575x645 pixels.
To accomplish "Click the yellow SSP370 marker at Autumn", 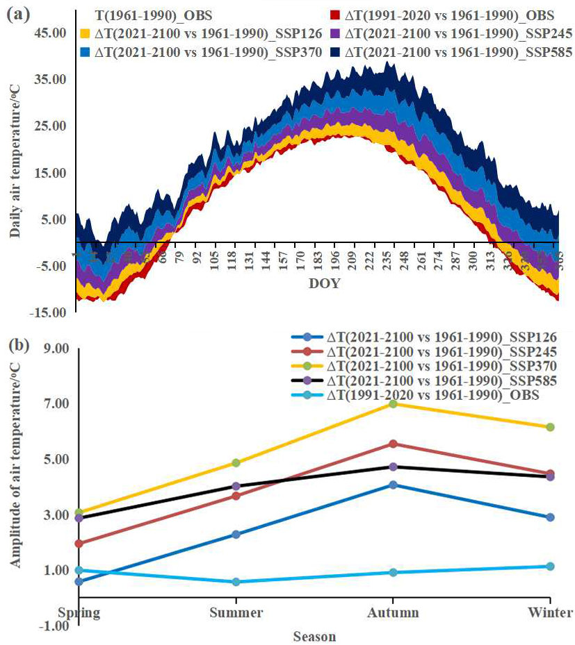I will tap(393, 403).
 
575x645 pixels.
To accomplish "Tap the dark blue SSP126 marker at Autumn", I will tap(393, 485).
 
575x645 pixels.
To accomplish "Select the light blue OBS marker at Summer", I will tap(236, 582).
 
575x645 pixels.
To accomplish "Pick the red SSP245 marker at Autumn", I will tap(393, 444).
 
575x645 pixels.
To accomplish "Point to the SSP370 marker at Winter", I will tap(550, 427).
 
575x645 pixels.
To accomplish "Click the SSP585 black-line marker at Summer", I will tap(236, 486).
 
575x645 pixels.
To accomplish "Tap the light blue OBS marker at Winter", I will tap(550, 567).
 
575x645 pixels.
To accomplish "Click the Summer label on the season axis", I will tap(236, 612).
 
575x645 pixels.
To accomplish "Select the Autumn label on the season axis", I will tap(393, 612).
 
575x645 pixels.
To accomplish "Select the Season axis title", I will tap(314, 636).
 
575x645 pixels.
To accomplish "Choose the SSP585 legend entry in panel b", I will tap(430, 380).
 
